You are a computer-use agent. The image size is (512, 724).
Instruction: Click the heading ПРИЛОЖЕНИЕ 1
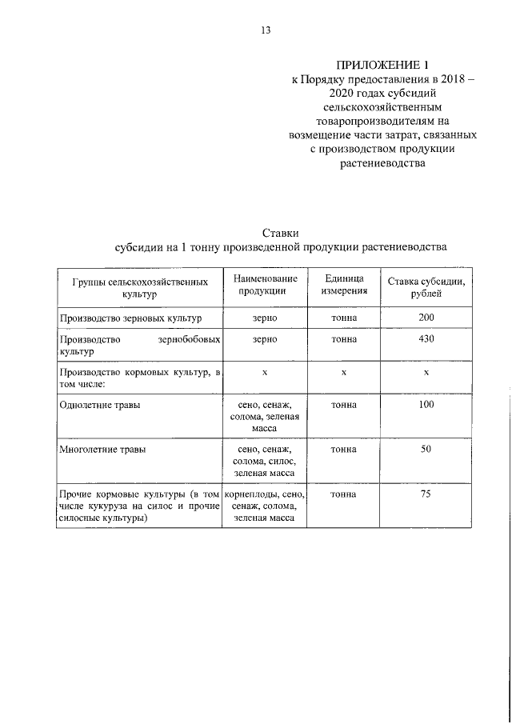click(x=382, y=64)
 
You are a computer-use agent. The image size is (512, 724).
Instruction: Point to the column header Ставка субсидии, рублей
click(x=426, y=288)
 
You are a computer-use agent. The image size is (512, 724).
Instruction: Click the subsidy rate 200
click(x=426, y=318)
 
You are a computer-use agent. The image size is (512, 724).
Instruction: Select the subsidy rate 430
click(x=426, y=339)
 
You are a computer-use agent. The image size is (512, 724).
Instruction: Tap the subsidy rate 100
click(x=426, y=406)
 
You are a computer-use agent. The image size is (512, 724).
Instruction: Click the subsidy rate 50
click(x=426, y=450)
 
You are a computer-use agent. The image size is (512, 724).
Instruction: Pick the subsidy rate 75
click(x=426, y=494)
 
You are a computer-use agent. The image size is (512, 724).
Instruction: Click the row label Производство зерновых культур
click(x=130, y=318)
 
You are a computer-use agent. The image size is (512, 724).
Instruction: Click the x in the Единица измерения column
click(x=344, y=373)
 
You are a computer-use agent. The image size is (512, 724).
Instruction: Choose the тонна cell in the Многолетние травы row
click(x=344, y=450)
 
